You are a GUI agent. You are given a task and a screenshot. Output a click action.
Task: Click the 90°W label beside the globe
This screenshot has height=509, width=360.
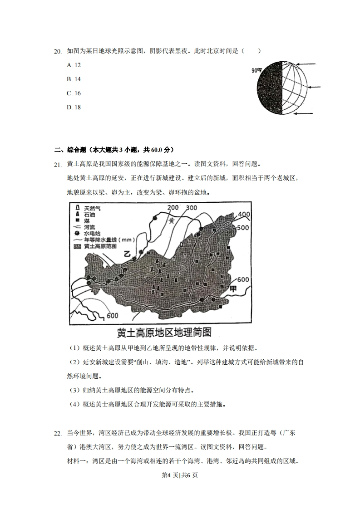pyautogui.click(x=256, y=70)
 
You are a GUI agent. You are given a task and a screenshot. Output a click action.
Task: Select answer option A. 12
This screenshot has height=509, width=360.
pyautogui.click(x=74, y=65)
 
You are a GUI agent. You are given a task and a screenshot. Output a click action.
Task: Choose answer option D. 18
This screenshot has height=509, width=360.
pyautogui.click(x=74, y=107)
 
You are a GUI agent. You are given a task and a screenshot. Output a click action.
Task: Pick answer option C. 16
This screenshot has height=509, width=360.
pyautogui.click(x=74, y=93)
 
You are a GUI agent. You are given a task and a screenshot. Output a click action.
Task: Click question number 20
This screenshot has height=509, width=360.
pyautogui.click(x=58, y=51)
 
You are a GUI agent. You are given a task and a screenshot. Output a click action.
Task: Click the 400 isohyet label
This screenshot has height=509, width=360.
pyautogui.click(x=244, y=215)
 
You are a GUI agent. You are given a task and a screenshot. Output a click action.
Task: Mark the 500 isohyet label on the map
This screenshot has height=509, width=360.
pyautogui.click(x=243, y=227)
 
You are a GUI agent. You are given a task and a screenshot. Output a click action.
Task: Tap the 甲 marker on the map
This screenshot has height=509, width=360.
pyautogui.click(x=233, y=289)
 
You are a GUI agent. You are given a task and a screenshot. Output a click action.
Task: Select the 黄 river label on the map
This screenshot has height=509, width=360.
pyautogui.click(x=172, y=220)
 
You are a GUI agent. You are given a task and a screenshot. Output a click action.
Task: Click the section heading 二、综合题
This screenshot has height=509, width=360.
pyautogui.click(x=114, y=150)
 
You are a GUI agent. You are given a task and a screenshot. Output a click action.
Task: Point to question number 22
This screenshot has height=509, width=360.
pyautogui.click(x=58, y=434)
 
